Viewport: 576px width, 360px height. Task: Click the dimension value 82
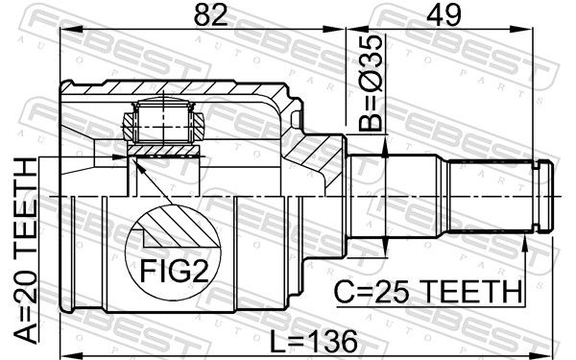coord(210,14)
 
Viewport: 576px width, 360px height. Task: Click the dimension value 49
coord(444,14)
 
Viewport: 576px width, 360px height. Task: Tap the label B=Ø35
coord(371,84)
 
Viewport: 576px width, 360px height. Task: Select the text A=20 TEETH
coord(27,251)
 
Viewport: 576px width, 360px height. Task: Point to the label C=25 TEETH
coord(428,291)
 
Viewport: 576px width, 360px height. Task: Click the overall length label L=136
coord(313,341)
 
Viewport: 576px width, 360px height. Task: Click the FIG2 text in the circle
coord(175,272)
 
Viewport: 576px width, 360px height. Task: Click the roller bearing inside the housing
coord(163,121)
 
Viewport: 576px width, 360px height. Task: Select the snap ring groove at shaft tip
coord(537,197)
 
